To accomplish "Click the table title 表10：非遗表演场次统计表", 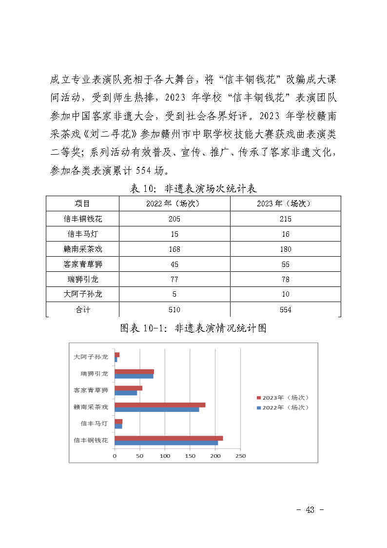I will pyautogui.click(x=193, y=188).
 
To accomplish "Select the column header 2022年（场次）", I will pyautogui.click(x=174, y=203).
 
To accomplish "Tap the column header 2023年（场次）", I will pyautogui.click(x=285, y=203).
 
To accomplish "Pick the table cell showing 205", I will pyautogui.click(x=174, y=219).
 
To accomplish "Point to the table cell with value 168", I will pyautogui.click(x=174, y=249).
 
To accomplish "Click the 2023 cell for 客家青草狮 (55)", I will pyautogui.click(x=285, y=264).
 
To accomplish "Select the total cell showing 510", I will pyautogui.click(x=174, y=309).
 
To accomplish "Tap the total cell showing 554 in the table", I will pyautogui.click(x=285, y=309).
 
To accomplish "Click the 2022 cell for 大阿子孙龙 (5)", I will pyautogui.click(x=174, y=294).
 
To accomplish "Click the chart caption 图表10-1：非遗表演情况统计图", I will pyautogui.click(x=193, y=328).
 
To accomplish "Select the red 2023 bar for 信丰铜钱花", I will pyautogui.click(x=169, y=438).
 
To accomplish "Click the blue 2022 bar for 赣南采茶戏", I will pyautogui.click(x=156, y=409).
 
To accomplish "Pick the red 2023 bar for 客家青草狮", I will pyautogui.click(x=128, y=388).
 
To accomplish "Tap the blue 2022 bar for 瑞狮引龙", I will pyautogui.click(x=134, y=376).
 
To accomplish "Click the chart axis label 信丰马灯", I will pyautogui.click(x=95, y=424).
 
